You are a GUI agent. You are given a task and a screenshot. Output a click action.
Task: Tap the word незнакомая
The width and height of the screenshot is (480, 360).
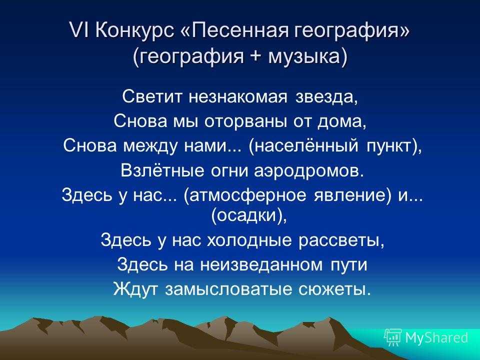tap(238, 97)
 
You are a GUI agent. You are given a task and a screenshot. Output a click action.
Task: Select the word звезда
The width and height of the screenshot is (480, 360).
tap(326, 97)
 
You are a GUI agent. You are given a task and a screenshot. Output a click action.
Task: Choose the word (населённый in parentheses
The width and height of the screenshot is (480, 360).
tap(303, 145)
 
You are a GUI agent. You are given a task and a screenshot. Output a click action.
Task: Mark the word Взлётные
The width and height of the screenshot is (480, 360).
tap(162, 170)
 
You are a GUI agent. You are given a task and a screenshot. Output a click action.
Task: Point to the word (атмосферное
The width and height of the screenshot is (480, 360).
tap(245, 195)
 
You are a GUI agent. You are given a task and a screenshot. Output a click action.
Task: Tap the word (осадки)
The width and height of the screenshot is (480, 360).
tap(249, 215)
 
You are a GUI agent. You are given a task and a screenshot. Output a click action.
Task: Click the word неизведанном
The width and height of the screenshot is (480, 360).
tap(261, 265)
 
